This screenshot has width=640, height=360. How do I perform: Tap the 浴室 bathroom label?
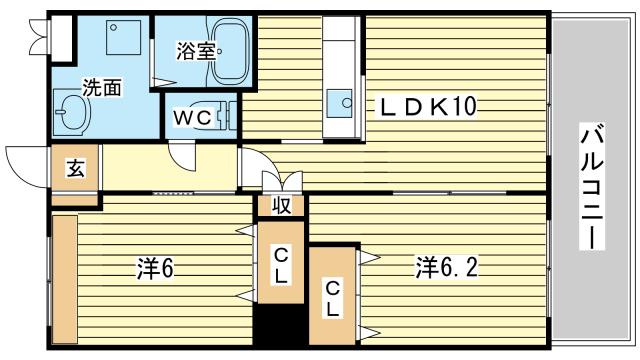pos(195,51)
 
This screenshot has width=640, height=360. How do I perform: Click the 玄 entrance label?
pos(76,168)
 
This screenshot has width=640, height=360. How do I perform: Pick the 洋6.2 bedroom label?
pos(447,267)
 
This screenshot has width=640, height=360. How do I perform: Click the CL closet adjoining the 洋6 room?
pos(281,265)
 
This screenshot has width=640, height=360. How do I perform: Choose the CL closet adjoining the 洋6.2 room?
pos(331,297)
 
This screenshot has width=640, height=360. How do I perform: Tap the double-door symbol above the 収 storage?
pos(282,181)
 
